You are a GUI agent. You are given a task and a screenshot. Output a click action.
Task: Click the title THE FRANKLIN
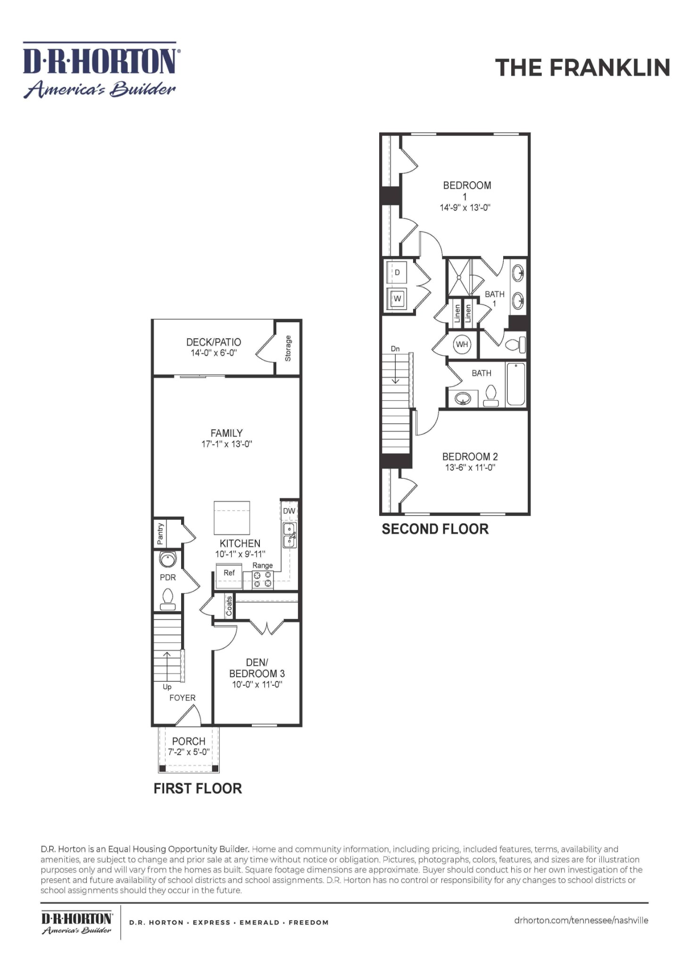[x=582, y=67]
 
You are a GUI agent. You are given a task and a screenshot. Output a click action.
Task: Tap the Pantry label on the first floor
[x=160, y=533]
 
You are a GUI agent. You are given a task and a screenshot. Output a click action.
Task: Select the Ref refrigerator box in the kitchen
[x=229, y=576]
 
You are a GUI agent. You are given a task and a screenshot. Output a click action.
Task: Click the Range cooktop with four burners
[x=263, y=580]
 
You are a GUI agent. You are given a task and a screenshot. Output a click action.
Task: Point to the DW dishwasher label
[x=289, y=511]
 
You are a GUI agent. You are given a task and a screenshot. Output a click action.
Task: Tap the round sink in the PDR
[x=167, y=559]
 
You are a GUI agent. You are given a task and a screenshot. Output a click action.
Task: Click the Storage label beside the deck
[x=288, y=349]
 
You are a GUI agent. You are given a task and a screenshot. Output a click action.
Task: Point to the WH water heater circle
[x=462, y=344]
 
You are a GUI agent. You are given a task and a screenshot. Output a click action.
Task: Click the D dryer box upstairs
[x=397, y=273]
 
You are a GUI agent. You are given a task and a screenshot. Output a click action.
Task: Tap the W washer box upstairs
[x=397, y=299]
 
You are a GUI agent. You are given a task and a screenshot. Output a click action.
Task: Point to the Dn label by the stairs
[x=395, y=349]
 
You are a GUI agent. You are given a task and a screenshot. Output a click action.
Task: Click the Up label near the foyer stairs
[x=167, y=687]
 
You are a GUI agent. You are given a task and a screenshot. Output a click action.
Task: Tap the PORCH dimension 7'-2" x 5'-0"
[x=189, y=752]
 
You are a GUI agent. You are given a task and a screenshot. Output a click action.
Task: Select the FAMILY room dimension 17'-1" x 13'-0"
[x=227, y=444]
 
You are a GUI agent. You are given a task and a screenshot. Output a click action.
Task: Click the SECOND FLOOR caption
[x=435, y=529]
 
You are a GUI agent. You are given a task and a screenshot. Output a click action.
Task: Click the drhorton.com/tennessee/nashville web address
[x=581, y=920]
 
